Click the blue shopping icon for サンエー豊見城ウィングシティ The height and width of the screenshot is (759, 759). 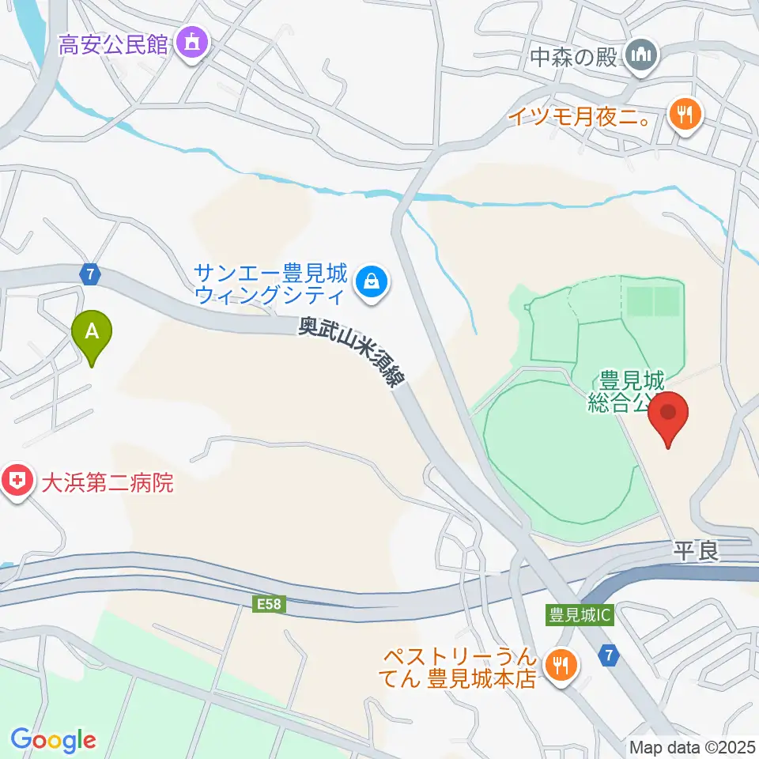[369, 280]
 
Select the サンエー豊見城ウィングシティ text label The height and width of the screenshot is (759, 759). [271, 285]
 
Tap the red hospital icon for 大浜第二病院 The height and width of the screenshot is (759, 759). [15, 481]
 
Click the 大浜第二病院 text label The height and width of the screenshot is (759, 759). [106, 481]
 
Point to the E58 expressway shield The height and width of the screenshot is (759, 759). [268, 605]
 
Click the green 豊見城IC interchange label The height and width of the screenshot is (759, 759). [580, 614]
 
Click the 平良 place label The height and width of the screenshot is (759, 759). [697, 551]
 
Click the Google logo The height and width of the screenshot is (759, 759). [53, 741]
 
